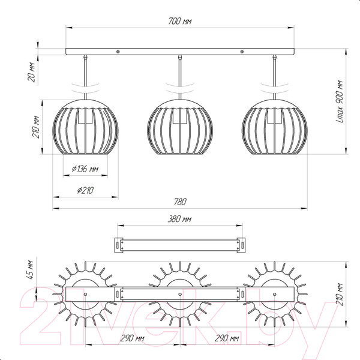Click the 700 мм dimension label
[x=180, y=21]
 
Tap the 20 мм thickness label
[x=32, y=72]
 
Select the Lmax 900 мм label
[x=340, y=101]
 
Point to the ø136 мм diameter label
[x=85, y=169]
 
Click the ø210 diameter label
[x=85, y=190]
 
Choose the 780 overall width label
[x=180, y=202]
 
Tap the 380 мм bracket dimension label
[x=179, y=219]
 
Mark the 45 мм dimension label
[x=31, y=270]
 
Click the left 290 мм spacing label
[x=133, y=338]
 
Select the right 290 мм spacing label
[x=227, y=338]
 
